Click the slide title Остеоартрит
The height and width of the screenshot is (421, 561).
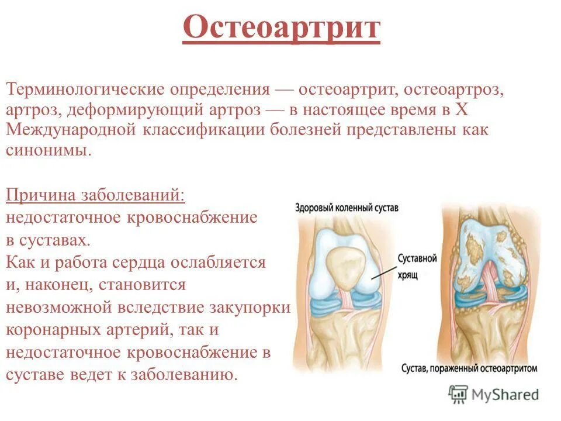[281, 28]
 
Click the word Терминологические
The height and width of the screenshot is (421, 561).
[84, 91]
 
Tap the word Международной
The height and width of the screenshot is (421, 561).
[70, 130]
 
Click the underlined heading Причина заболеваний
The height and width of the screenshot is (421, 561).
[96, 194]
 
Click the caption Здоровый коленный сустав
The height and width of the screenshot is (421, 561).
[347, 207]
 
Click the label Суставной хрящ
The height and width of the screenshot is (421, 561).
[417, 265]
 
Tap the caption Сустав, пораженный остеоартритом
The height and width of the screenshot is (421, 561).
[469, 369]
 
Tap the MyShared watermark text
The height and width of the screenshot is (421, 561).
[505, 395]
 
